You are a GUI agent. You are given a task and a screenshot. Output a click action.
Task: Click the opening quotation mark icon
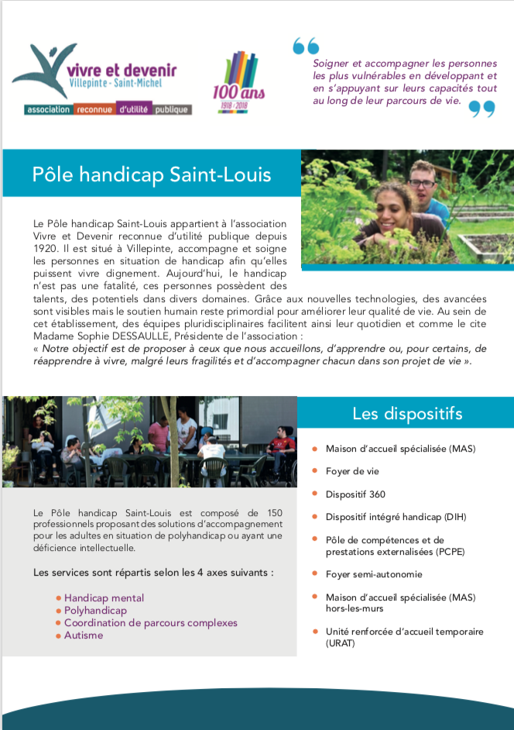(x=305, y=46)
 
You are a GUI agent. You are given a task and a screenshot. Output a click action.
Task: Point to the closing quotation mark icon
(x=481, y=109)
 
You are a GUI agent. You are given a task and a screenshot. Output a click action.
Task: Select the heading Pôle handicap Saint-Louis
(x=152, y=174)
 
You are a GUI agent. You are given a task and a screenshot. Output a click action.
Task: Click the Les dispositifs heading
(x=407, y=413)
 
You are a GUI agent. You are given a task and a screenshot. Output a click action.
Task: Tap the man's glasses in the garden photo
(x=421, y=184)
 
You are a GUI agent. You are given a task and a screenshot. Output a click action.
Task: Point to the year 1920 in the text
(x=46, y=249)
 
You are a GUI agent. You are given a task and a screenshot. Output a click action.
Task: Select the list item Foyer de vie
(x=352, y=471)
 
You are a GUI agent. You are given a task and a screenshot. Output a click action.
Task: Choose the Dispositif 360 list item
(x=355, y=494)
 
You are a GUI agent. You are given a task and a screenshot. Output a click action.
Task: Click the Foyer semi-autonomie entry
(x=374, y=573)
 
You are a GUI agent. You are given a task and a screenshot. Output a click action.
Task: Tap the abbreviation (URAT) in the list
(x=341, y=643)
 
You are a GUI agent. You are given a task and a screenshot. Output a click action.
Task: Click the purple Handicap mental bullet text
(x=104, y=598)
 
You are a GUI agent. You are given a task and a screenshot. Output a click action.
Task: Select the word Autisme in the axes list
(x=84, y=635)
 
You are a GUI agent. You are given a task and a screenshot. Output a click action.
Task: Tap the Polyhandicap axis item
(x=95, y=611)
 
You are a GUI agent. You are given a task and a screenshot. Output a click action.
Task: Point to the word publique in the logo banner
(x=171, y=110)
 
